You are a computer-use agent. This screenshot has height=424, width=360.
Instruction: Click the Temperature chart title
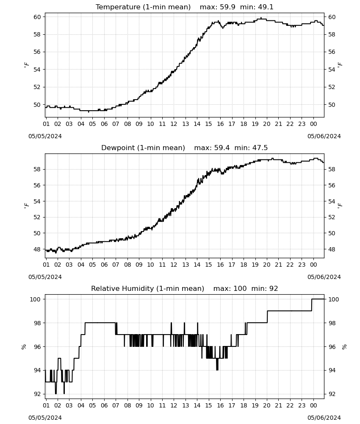point(185,7)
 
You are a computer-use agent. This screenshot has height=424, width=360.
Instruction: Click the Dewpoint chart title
point(185,148)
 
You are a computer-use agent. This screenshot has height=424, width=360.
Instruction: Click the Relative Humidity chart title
point(185,288)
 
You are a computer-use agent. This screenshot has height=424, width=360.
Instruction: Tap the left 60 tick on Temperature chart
point(37,17)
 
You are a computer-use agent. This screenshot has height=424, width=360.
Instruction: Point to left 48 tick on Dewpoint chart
point(37,249)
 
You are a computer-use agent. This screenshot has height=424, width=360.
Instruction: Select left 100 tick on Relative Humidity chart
point(36,299)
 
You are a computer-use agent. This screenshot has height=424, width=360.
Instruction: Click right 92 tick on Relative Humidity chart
point(332,394)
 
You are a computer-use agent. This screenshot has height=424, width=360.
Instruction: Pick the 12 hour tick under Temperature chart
point(174,124)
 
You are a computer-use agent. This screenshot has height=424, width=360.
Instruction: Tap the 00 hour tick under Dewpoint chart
point(313,265)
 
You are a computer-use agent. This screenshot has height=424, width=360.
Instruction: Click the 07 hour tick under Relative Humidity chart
point(116,405)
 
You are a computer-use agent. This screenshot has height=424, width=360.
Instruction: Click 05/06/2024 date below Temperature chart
point(324,136)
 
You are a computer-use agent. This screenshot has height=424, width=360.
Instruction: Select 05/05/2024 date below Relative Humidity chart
point(45,418)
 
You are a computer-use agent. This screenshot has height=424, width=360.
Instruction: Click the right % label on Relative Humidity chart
point(344,347)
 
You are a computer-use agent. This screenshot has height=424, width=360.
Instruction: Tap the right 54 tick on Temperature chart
point(332,70)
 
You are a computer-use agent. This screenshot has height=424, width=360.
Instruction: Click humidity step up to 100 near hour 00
point(312,305)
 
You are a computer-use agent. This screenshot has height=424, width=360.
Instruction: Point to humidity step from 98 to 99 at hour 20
point(267,317)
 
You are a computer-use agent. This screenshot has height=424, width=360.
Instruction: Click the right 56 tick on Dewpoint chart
point(332,185)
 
